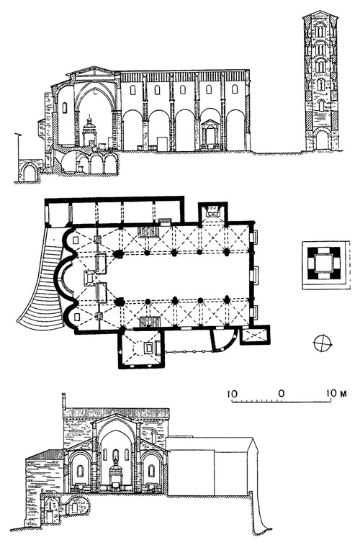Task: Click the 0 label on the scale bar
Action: [x=281, y=393]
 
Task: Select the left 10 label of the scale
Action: [x=232, y=393]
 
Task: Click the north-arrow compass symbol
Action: [x=323, y=343]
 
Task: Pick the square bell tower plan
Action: [x=324, y=264]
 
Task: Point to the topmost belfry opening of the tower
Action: [x=320, y=30]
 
